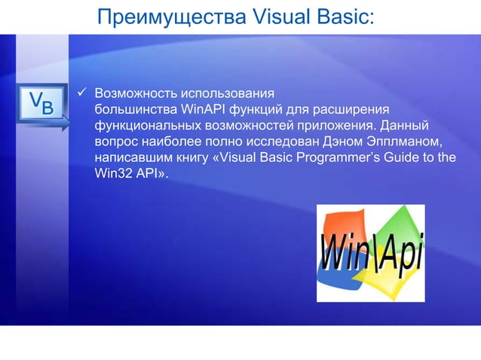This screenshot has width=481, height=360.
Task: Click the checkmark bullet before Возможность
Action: (x=83, y=95)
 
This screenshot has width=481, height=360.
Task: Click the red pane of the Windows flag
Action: (x=342, y=226)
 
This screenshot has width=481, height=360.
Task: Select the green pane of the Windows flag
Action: (x=397, y=223)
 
